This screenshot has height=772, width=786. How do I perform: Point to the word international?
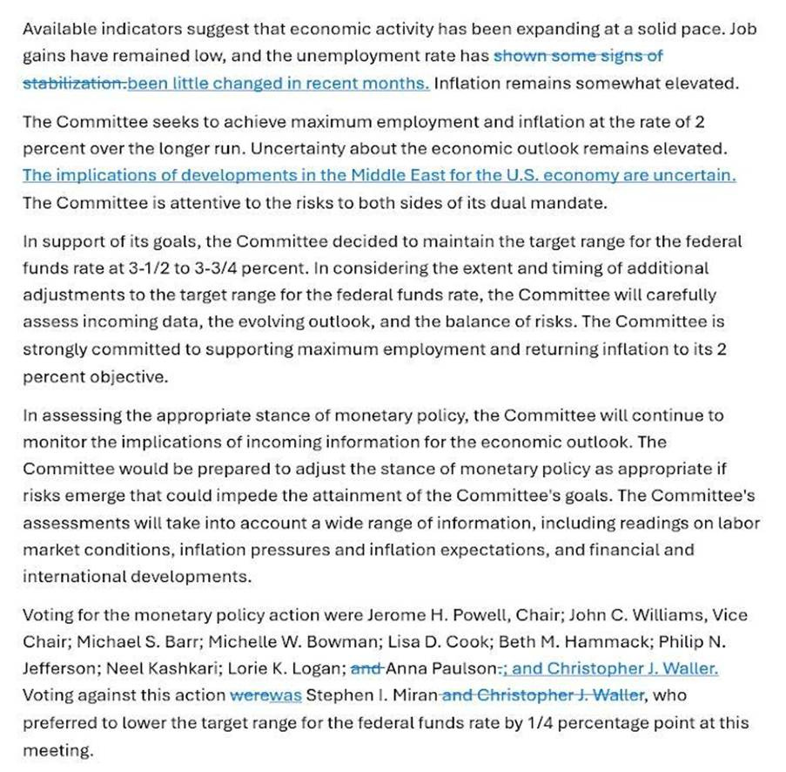click(74, 577)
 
